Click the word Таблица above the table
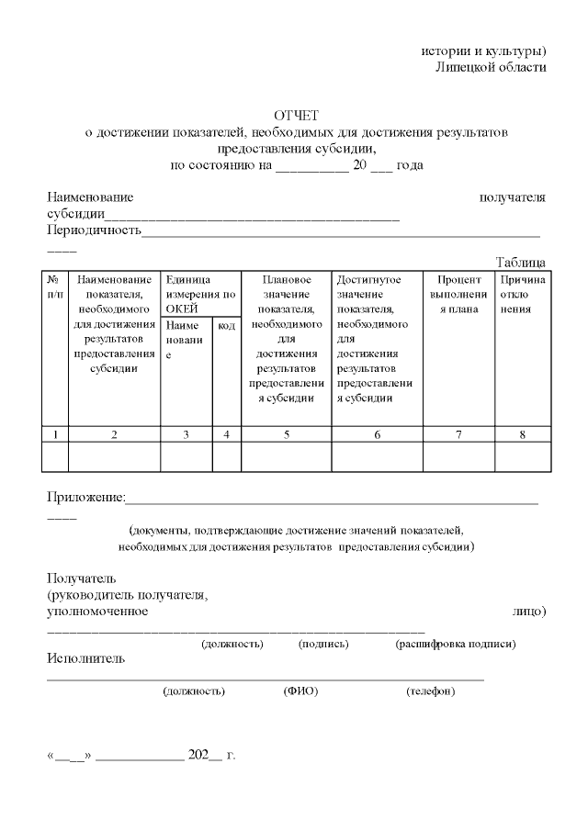520,263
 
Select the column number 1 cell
55,434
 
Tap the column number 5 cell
287,434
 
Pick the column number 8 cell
522,434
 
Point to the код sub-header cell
226,325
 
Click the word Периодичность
94,230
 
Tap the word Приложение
85,498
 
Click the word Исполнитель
85,658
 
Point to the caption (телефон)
430,691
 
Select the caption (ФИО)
300,691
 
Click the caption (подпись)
323,644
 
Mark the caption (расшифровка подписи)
455,644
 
